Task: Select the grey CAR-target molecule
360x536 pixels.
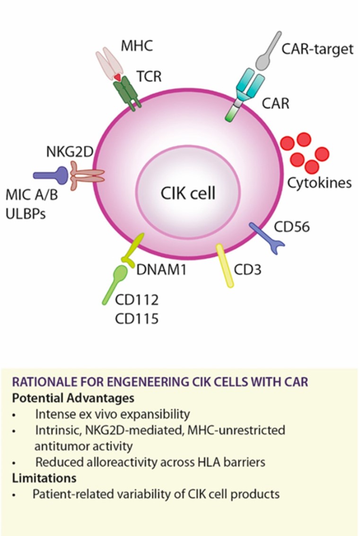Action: point(270,52)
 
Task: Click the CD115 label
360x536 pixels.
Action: point(137,319)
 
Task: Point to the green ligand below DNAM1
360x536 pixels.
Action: point(114,284)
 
